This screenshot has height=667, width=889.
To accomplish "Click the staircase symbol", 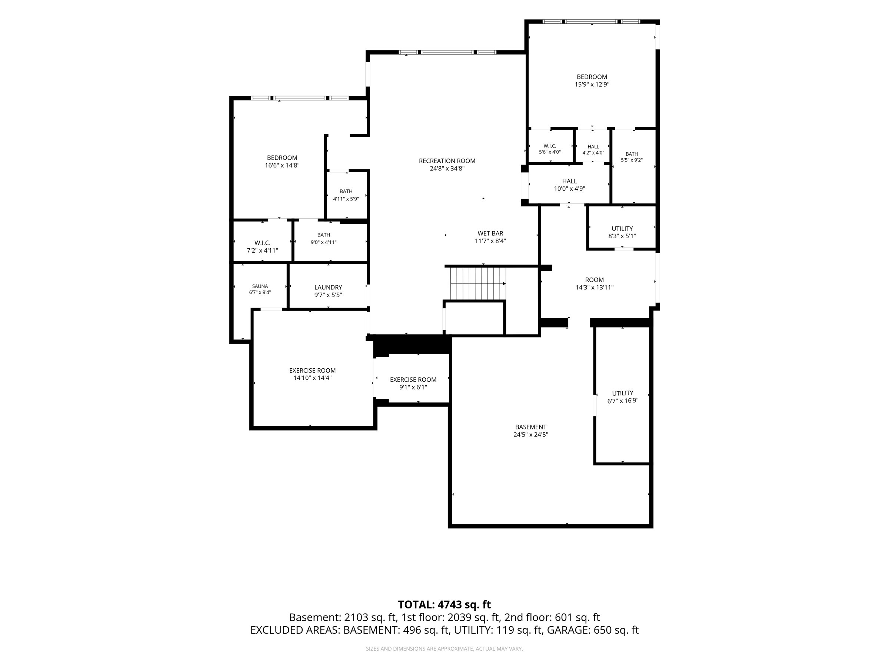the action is (x=478, y=284).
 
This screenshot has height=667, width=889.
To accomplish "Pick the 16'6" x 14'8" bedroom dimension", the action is (x=282, y=165).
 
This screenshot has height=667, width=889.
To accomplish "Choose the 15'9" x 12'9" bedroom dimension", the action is (x=592, y=84).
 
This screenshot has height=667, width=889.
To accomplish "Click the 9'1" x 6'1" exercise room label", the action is (x=413, y=383).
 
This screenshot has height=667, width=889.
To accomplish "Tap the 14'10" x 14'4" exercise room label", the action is (x=312, y=374).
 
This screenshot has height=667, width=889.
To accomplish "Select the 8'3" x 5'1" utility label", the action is (x=622, y=232).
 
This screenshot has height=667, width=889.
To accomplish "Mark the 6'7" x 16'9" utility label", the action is (x=623, y=397).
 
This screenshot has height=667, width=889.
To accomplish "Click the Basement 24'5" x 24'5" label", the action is (x=531, y=431).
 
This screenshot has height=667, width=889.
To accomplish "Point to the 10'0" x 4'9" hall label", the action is (x=569, y=185).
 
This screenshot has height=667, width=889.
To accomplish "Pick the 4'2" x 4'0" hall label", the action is (x=593, y=150).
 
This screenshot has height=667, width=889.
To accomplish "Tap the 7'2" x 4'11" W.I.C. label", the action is (x=262, y=246).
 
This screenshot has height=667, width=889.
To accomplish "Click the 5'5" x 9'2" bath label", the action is (x=632, y=157).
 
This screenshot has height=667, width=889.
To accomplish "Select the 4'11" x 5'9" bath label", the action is (x=346, y=195).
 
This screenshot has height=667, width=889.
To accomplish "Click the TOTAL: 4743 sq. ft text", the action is (x=444, y=604).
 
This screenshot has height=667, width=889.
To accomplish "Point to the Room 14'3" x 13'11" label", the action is (x=595, y=283).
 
